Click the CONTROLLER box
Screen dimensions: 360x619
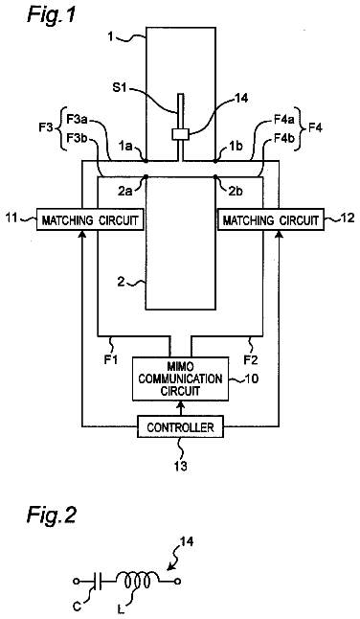click(x=180, y=426)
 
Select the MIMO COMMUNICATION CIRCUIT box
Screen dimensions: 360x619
click(x=180, y=378)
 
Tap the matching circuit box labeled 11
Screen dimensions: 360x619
click(x=90, y=218)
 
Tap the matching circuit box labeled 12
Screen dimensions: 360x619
click(x=271, y=218)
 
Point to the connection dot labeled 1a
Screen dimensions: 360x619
click(x=146, y=161)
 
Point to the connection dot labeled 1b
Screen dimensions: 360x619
click(x=215, y=161)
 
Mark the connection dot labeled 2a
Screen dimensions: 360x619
click(x=146, y=177)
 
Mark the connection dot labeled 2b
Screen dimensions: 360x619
click(x=215, y=177)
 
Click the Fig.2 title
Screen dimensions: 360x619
click(x=52, y=516)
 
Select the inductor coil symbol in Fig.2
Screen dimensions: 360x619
click(x=137, y=580)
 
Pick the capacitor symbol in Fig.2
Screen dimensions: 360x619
click(x=99, y=581)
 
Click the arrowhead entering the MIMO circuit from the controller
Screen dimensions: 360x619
click(x=180, y=403)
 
